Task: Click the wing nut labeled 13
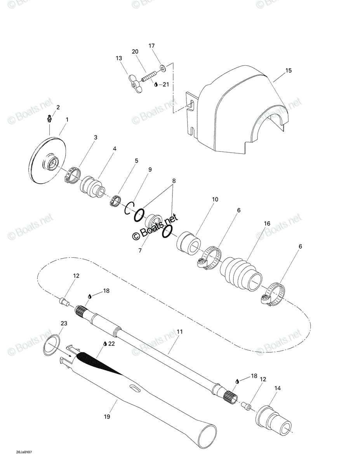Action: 135,84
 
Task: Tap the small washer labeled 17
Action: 163,69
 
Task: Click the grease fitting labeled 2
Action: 50,118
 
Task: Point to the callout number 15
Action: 289,70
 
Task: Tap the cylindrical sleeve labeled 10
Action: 189,243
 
